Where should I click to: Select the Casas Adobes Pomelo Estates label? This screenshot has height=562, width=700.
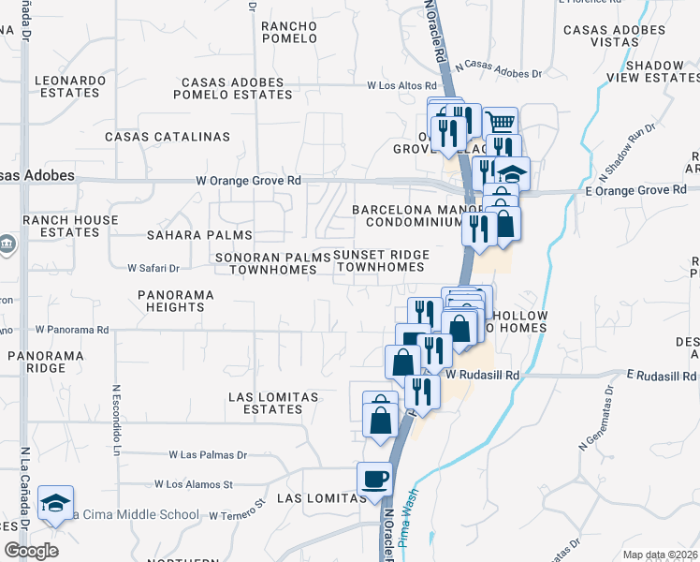click(x=238, y=88)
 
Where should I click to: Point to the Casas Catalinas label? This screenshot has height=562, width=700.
click(x=168, y=137)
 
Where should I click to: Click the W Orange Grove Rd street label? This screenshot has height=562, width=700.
click(x=248, y=180)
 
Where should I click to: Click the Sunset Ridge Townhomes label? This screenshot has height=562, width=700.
click(x=381, y=260)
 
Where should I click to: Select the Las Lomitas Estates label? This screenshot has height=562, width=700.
click(x=272, y=403)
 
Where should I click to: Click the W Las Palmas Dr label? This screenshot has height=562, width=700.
click(x=208, y=455)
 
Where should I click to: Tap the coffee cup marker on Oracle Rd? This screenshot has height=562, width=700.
click(x=374, y=480)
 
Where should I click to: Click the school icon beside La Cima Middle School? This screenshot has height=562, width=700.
click(x=56, y=504)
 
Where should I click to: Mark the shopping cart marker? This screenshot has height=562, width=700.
click(x=501, y=123)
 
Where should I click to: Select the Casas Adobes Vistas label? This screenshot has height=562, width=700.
click(x=614, y=37)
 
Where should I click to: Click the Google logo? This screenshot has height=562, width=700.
click(x=31, y=550)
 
